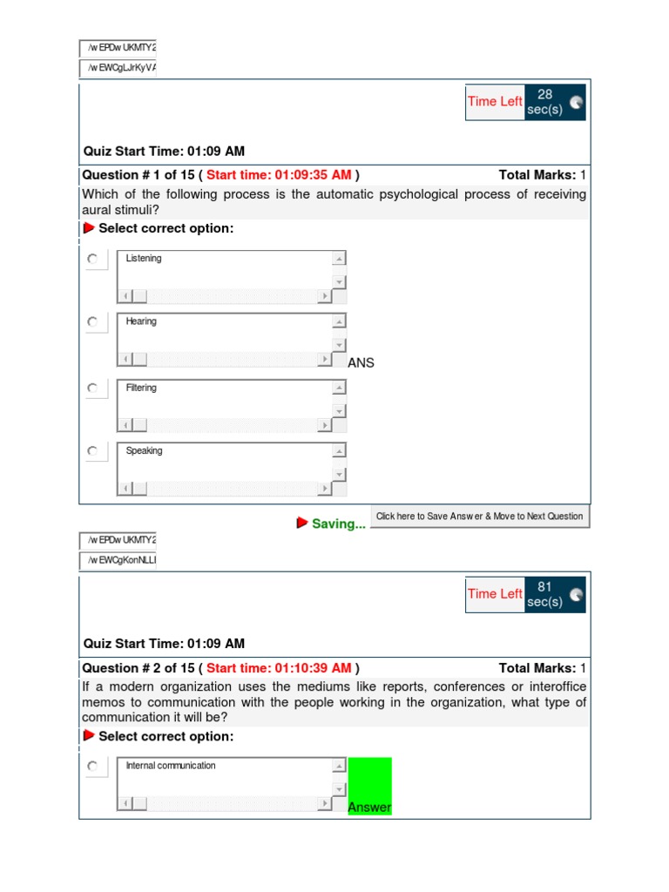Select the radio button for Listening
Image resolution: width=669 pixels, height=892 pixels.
pos(92,259)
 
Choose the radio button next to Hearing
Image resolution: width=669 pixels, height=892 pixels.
pos(92,321)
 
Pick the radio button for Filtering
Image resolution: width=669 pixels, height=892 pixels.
pos(92,388)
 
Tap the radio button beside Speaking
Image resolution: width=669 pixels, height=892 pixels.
pos(92,451)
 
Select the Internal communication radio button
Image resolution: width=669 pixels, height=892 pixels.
pos(92,767)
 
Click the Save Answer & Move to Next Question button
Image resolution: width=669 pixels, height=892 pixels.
pos(479,517)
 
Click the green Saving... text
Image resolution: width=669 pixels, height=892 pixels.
pos(339,524)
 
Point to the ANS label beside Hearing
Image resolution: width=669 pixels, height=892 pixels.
pos(361,362)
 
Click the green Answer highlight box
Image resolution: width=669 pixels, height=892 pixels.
pos(369,786)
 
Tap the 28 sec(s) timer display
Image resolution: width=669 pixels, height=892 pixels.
pos(545,102)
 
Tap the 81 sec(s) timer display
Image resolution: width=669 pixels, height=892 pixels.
pos(545,595)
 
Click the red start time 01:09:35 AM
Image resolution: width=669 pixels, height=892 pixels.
pos(279,175)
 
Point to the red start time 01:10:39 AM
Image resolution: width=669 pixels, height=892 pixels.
pos(279,668)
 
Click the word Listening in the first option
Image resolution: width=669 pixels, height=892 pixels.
pos(144,259)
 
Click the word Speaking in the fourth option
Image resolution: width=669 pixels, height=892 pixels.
pos(144,451)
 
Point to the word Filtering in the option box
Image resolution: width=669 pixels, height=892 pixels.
pos(141,388)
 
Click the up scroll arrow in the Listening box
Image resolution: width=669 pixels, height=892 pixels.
pos(339,258)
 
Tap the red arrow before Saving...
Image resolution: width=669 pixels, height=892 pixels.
pos(302,524)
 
